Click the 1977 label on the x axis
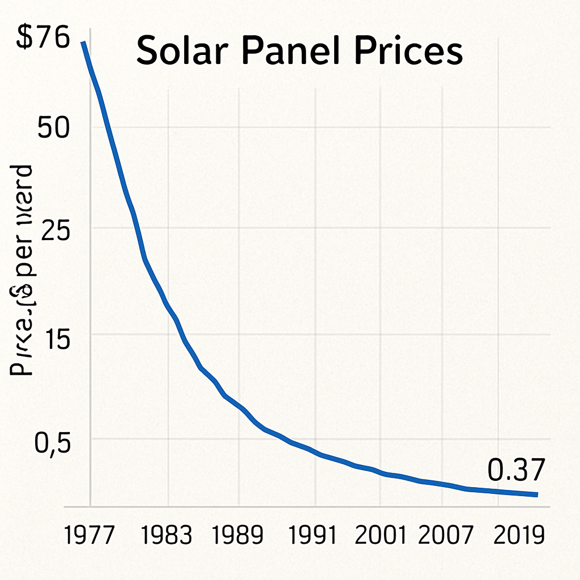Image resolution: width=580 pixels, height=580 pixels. point(90,535)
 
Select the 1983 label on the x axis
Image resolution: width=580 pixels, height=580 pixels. point(168,535)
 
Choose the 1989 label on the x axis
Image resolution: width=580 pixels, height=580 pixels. point(239,535)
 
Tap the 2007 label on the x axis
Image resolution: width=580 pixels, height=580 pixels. point(445,535)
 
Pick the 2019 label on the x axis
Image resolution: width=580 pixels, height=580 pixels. point(519,535)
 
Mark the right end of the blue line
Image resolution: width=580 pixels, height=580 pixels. point(536,494)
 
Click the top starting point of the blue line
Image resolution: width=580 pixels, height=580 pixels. point(83,42)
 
